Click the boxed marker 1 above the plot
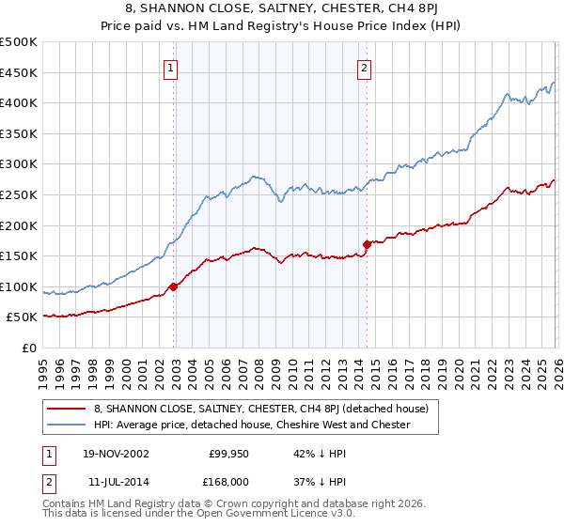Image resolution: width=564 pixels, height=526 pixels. coord(170,67)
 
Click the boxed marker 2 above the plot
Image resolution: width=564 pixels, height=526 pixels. coord(364,67)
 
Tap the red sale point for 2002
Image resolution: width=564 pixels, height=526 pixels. coord(173,286)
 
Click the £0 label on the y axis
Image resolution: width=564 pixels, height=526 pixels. coord(28,348)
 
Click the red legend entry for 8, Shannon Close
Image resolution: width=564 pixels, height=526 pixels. coord(261,409)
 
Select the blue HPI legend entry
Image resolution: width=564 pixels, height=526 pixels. coord(252,425)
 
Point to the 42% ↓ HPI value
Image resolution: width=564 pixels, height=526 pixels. coord(321,453)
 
